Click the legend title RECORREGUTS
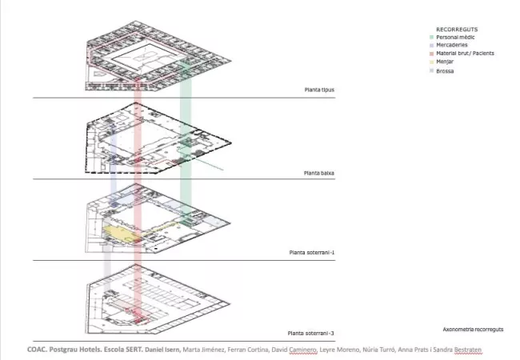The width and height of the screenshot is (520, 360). pos(457,29)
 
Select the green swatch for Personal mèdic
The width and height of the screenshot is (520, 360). pos(431,37)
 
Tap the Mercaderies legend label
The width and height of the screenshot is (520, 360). pos(452,45)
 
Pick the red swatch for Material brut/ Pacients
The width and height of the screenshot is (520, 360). pos(431,54)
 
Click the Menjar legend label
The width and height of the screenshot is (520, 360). pos(445,62)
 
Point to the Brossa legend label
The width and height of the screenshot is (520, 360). pos(445,71)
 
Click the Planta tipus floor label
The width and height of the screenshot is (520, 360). pos(319,90)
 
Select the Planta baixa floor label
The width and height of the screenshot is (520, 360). pos(319,173)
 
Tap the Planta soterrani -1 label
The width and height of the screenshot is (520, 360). pos(312,253)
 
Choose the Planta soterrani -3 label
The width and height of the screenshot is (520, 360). pos(310,333)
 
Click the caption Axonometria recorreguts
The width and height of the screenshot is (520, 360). pos(473,330)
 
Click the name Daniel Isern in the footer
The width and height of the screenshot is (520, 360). pos(162,350)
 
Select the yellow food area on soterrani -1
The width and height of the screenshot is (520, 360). pos(120,233)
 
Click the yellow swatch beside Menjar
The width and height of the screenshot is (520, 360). pos(431,62)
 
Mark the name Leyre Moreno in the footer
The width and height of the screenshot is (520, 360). pos(339,350)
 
